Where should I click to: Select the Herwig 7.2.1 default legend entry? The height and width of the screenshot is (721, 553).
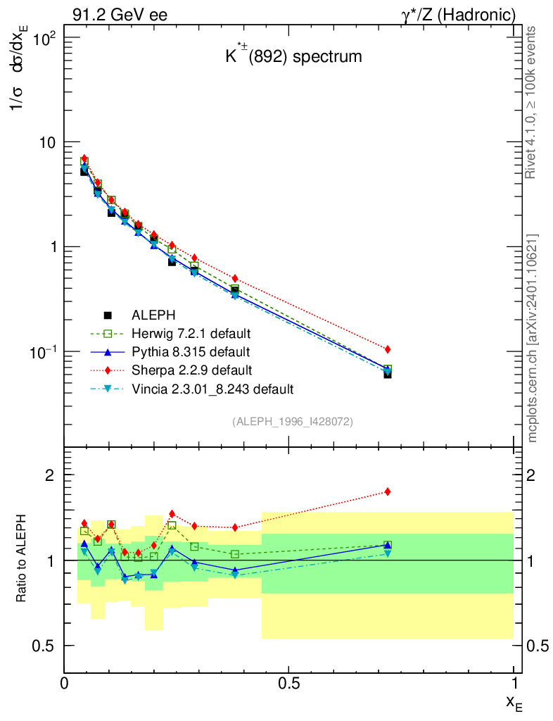pos(191,333)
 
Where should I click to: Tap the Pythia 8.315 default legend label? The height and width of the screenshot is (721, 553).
pos(190,351)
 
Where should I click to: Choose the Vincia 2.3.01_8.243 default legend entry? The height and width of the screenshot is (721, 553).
pos(212,388)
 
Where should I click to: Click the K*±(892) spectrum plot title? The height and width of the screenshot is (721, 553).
pos(293,57)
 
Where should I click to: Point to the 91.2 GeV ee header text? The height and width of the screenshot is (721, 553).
pos(119,15)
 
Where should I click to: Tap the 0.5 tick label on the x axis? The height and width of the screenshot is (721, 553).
pos(288,683)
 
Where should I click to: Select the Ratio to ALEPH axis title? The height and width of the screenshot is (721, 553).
pos(22,560)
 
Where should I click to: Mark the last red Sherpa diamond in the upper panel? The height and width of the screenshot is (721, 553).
pos(388,349)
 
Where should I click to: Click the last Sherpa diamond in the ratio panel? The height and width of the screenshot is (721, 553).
pos(388,491)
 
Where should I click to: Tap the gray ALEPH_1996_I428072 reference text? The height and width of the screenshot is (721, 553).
pos(292,422)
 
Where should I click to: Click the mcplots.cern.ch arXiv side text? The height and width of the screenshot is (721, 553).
pos(533,337)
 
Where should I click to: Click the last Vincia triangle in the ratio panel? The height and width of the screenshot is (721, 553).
pos(388,553)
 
